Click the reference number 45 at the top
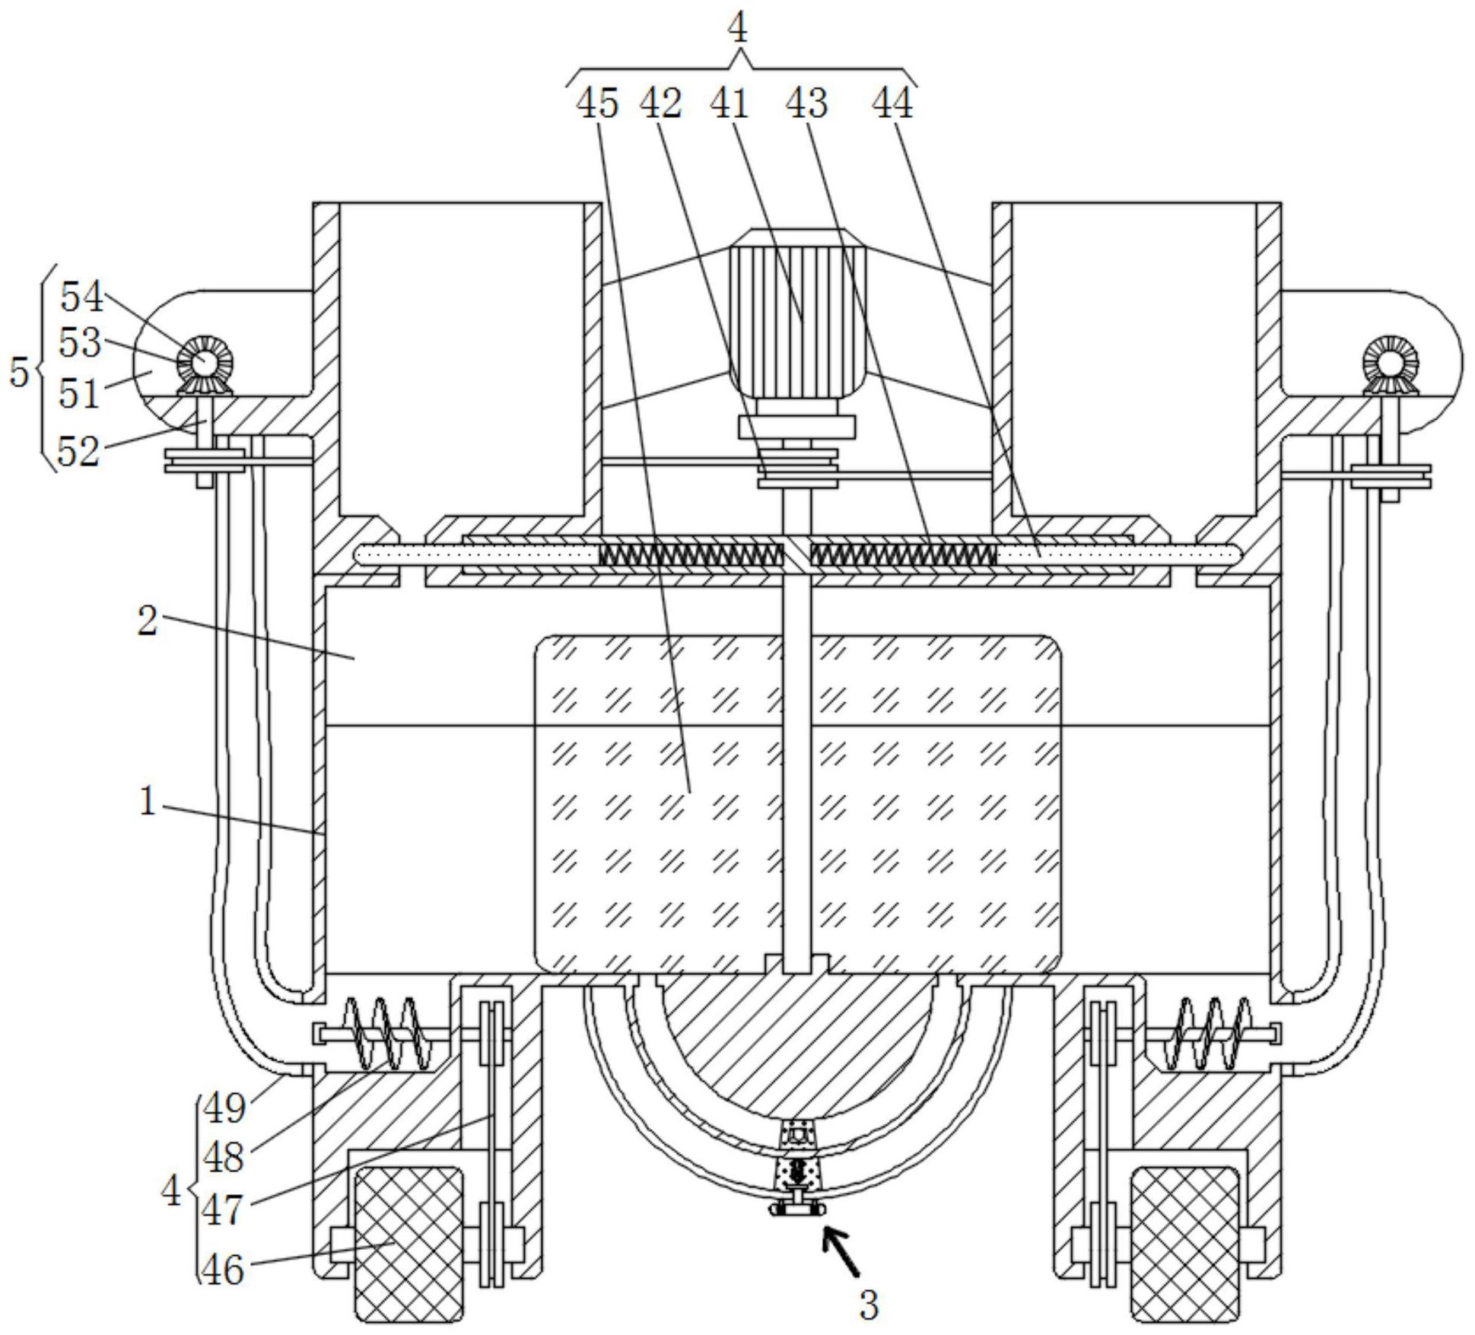(597, 103)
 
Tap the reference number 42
(660, 103)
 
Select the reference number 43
(806, 103)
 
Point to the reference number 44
(892, 103)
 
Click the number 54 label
(81, 296)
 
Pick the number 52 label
(78, 452)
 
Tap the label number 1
(148, 801)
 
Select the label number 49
(224, 1108)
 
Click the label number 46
(223, 1270)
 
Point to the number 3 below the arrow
(869, 1305)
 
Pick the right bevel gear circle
(1390, 364)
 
